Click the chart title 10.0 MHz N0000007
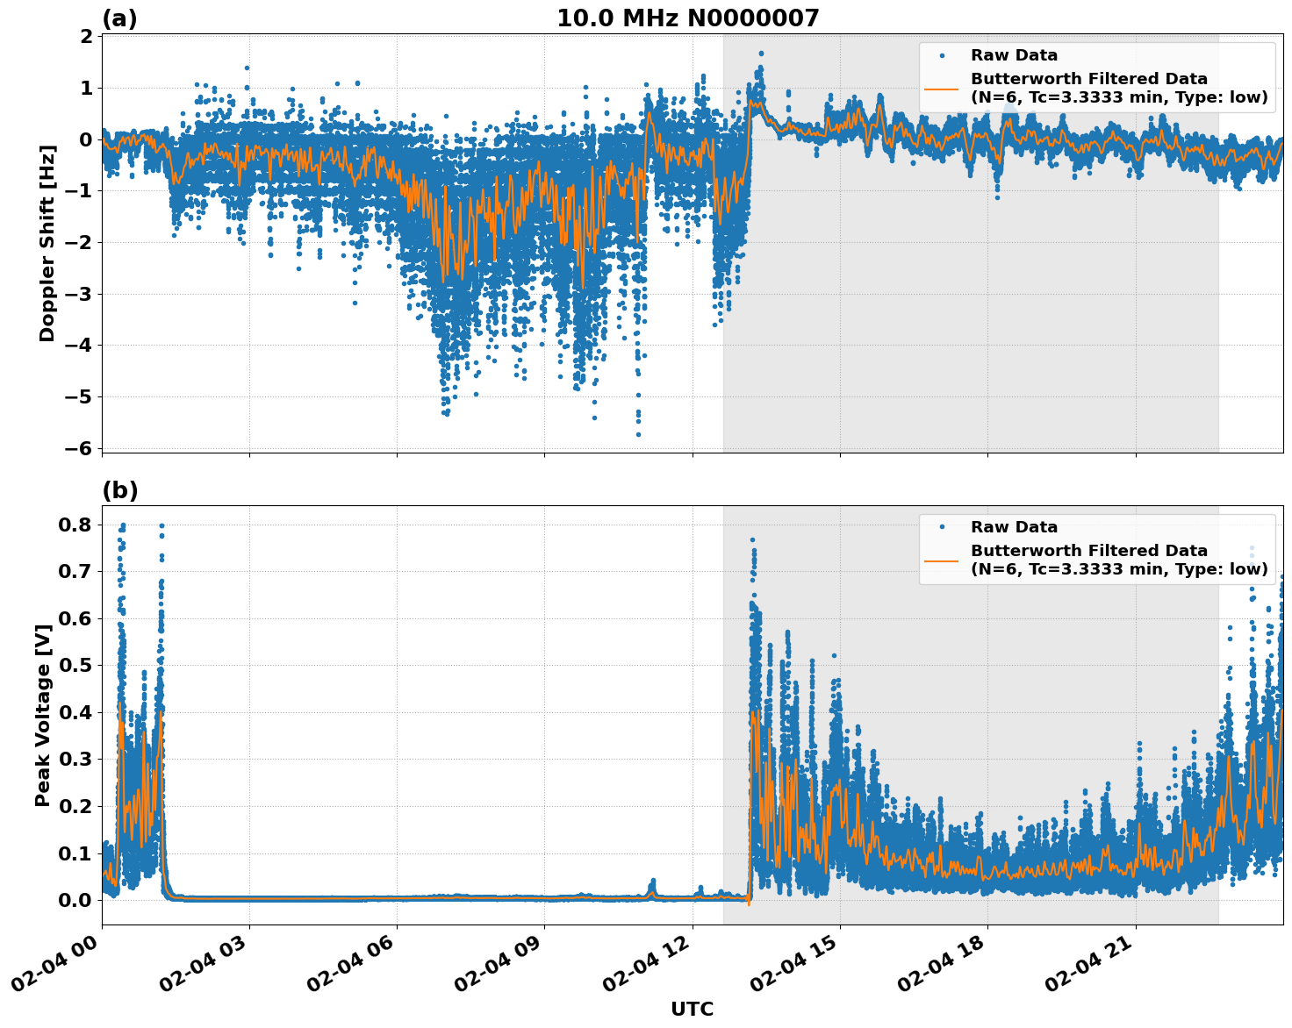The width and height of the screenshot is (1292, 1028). [x=687, y=18]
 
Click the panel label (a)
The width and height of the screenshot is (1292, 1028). [x=119, y=18]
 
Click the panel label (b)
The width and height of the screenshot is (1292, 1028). [x=119, y=490]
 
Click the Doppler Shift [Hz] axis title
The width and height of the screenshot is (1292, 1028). [x=47, y=244]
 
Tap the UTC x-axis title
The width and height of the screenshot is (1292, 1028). [x=692, y=1009]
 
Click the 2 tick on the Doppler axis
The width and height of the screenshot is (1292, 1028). [x=86, y=37]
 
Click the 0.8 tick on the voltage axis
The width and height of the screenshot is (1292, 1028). [x=75, y=525]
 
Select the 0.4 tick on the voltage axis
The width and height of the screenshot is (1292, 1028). [x=75, y=712]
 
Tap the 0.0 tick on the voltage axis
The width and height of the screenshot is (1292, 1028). [x=75, y=900]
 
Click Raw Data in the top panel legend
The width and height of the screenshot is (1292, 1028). [x=1014, y=56]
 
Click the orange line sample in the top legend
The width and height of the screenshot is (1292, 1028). [x=942, y=88]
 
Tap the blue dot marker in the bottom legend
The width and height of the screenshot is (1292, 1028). [x=942, y=527]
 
